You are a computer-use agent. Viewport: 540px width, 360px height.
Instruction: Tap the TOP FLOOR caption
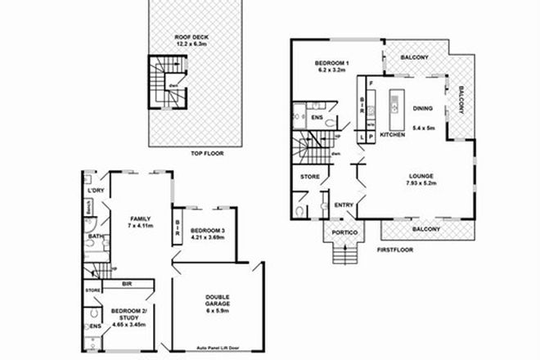(x=207, y=153)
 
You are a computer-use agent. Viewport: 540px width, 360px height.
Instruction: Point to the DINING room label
(x=423, y=107)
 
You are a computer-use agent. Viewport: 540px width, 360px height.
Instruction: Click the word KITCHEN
(x=393, y=133)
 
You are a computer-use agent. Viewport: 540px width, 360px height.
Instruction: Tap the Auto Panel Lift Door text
(x=215, y=346)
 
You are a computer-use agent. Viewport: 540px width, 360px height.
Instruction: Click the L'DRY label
(x=95, y=191)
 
